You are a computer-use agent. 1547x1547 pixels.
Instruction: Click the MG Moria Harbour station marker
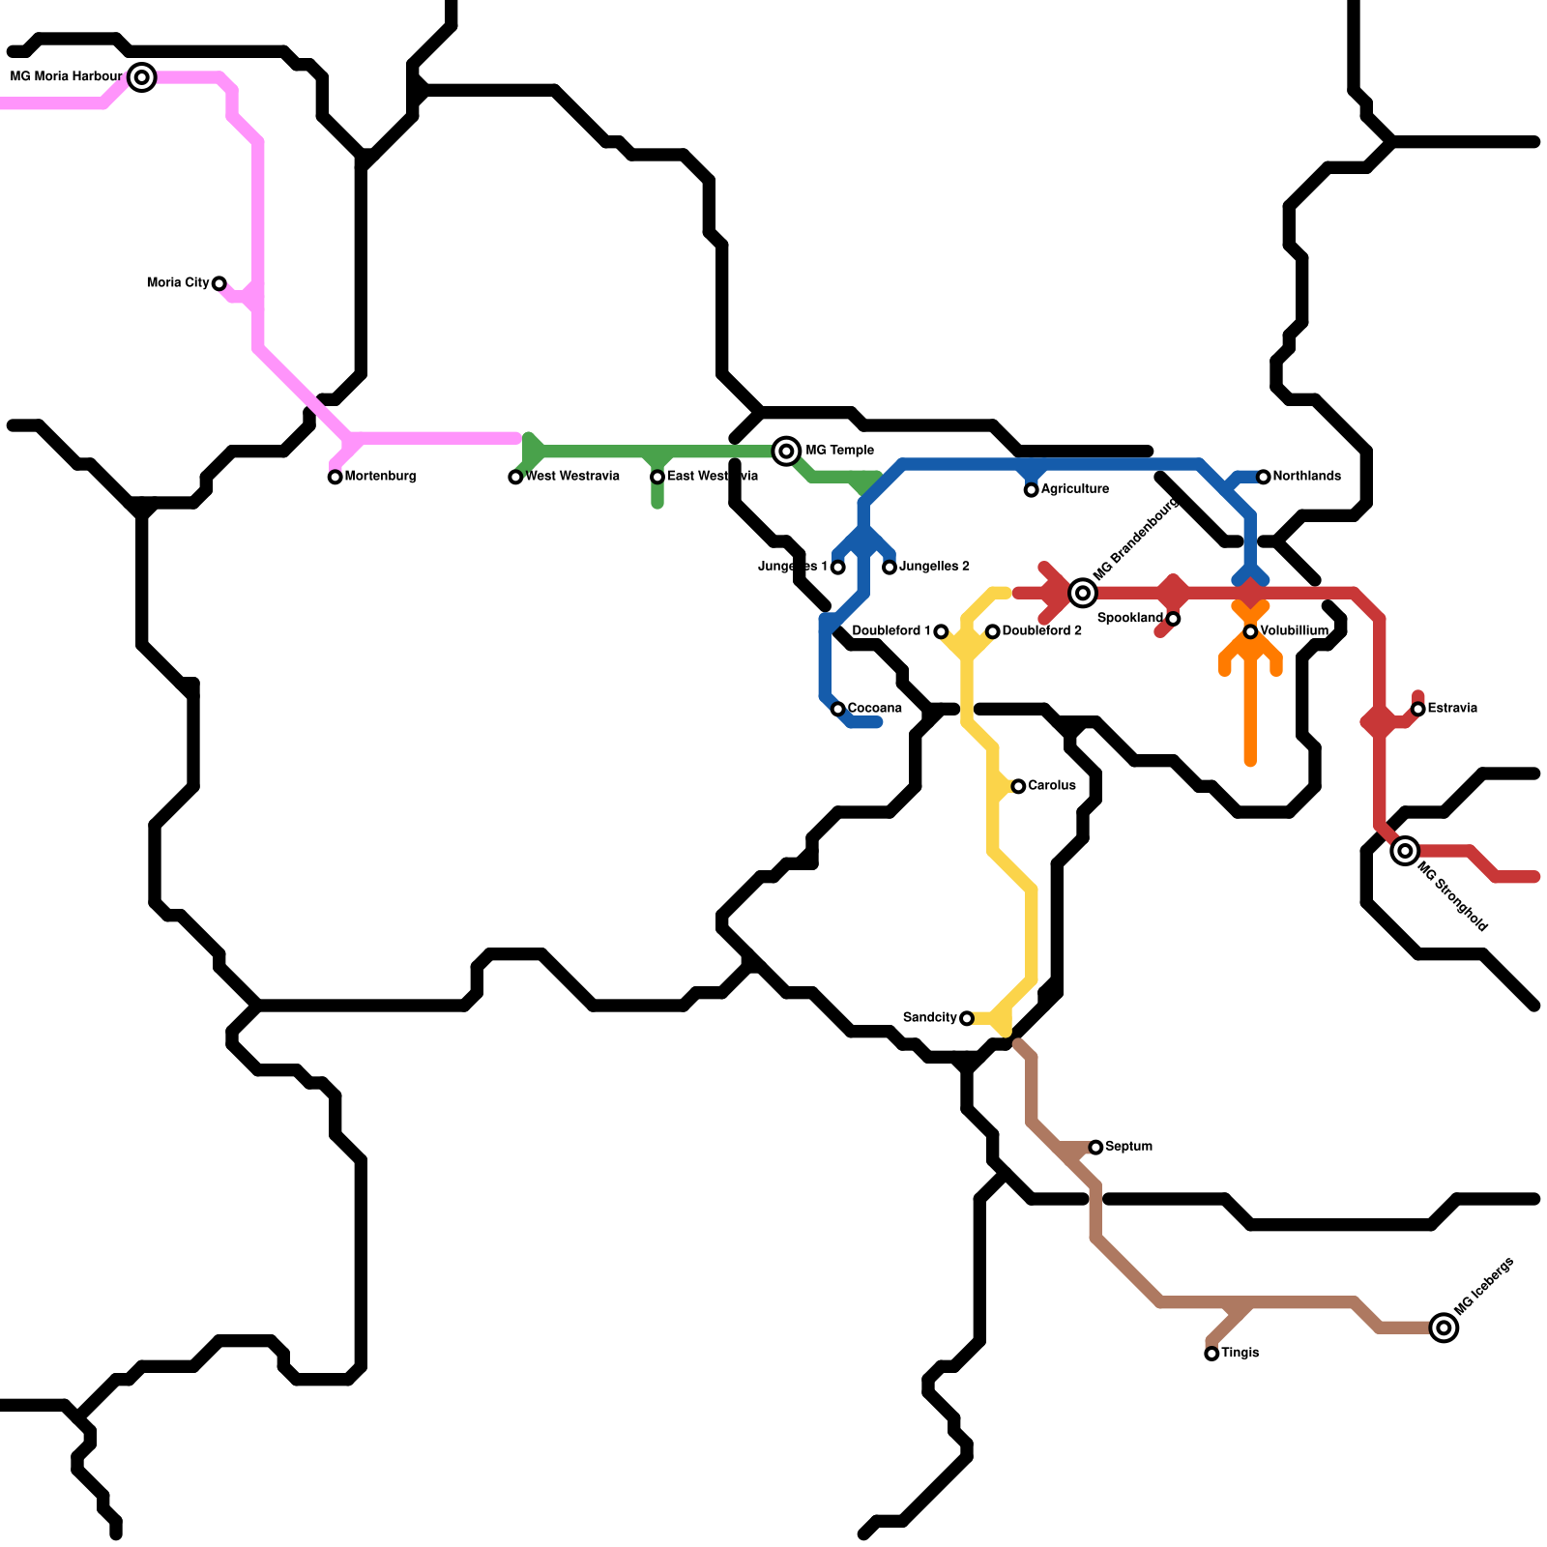[142, 77]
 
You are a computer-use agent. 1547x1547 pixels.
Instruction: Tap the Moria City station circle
[219, 283]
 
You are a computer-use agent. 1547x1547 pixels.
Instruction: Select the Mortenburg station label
[380, 477]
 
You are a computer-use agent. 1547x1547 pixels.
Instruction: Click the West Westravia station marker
[515, 477]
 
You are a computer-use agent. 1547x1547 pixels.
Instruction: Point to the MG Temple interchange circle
[787, 451]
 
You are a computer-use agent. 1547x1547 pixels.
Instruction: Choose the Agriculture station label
[1074, 489]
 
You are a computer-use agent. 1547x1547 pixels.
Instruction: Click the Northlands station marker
[1263, 477]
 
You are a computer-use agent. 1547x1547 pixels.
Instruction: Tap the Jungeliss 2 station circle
[890, 567]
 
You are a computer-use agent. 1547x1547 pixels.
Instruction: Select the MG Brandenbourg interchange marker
[1083, 593]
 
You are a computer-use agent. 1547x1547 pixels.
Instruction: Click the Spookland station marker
[1173, 619]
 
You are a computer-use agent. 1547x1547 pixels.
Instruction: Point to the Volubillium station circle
[1250, 631]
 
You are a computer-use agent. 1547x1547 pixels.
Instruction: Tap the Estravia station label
[1452, 709]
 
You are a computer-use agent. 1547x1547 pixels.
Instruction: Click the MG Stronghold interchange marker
[1405, 851]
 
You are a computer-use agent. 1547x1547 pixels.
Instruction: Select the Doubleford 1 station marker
[941, 631]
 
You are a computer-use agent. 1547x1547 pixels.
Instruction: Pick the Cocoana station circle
[838, 709]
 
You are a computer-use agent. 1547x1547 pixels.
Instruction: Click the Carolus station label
[1052, 786]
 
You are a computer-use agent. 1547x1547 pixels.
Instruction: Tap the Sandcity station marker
[967, 1018]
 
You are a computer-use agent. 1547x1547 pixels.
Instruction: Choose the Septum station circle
[1095, 1147]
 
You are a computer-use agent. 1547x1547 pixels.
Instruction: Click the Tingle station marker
[1211, 1354]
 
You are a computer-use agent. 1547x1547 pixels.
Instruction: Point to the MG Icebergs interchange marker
[1444, 1328]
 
